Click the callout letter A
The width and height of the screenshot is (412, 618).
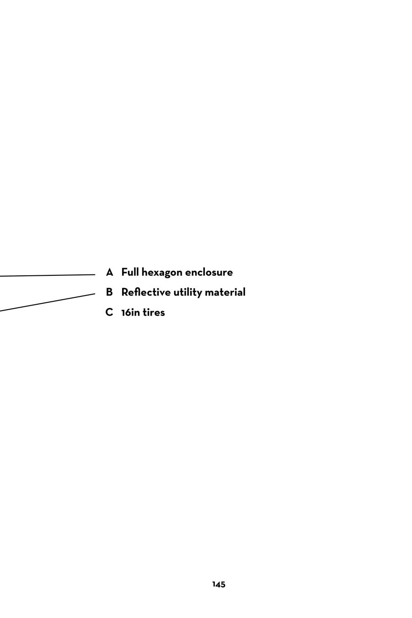(x=109, y=273)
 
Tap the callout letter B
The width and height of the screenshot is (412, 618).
(x=109, y=292)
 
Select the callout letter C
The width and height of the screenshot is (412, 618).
(x=109, y=312)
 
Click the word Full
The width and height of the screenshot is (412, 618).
(x=130, y=273)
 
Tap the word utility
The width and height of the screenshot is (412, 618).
(x=187, y=293)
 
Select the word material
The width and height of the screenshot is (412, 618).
(x=225, y=292)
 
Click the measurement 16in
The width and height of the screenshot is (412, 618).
(x=131, y=313)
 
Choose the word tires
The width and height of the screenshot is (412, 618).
(x=154, y=313)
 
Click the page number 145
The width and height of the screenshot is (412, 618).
(x=219, y=585)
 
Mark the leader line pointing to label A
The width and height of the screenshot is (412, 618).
(x=46, y=275)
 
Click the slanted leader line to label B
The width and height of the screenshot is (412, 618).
(x=46, y=302)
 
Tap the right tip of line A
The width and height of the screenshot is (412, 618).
(x=95, y=274)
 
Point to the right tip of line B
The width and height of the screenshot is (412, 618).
(x=95, y=294)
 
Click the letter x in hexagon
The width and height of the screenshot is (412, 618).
(x=158, y=273)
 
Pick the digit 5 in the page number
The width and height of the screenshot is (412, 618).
(x=223, y=585)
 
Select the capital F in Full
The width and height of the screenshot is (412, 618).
(x=124, y=273)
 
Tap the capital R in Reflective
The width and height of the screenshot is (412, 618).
(x=124, y=292)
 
